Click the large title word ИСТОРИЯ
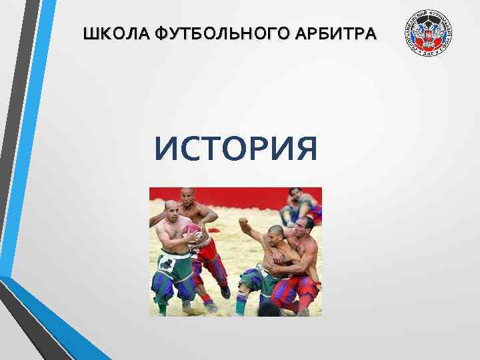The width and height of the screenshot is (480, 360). click(235, 148)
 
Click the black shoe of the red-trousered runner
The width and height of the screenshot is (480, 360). click(225, 292)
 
